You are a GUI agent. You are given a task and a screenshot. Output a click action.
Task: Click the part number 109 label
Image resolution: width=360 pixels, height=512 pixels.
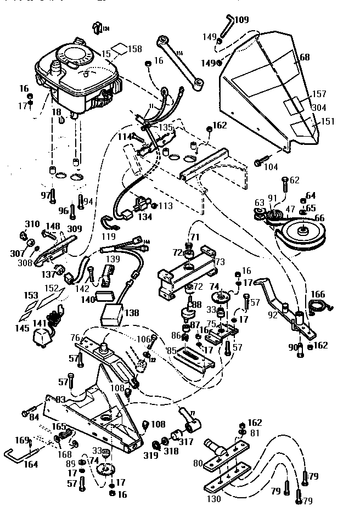point(241,20)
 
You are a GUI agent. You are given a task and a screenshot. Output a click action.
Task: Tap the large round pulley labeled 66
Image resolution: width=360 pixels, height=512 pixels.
point(302,233)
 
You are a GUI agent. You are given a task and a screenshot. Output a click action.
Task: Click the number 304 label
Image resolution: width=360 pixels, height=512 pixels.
point(319,108)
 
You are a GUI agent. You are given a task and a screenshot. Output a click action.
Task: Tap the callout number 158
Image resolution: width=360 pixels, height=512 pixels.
point(135,49)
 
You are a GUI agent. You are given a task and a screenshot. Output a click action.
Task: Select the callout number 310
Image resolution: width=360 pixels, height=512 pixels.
point(32,224)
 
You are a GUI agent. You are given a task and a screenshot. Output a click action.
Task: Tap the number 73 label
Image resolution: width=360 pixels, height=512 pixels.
point(220,262)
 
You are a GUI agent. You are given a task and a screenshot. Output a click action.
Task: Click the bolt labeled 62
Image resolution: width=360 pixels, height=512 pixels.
point(285,186)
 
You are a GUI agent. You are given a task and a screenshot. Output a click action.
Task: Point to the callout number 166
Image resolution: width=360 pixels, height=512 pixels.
point(318,294)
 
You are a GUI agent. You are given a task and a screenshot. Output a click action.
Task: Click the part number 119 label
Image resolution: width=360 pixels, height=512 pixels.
point(109,237)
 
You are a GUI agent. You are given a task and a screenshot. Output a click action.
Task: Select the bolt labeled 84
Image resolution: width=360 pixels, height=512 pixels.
point(27,413)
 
